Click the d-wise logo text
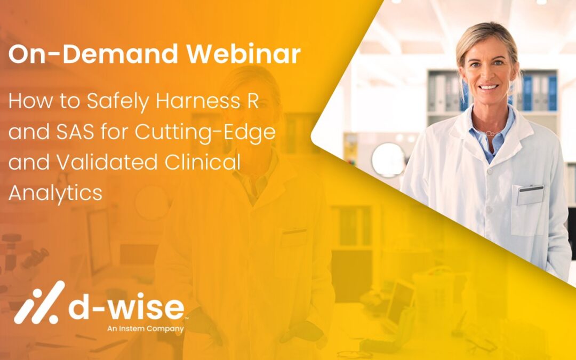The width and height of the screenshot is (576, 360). (x=127, y=309)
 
